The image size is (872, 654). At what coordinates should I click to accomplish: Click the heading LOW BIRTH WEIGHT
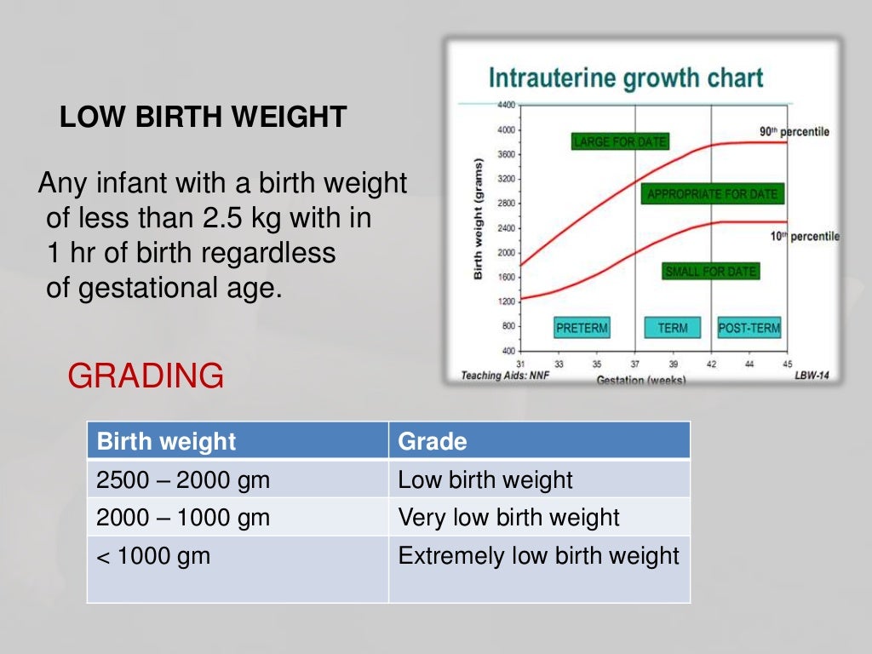pos(203,117)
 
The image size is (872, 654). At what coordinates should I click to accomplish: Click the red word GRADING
pos(146,376)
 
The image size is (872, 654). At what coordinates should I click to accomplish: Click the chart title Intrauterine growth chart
pos(625,78)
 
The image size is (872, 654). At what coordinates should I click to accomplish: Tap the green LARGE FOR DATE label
pos(619,141)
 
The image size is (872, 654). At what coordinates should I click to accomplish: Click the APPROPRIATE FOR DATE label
pos(712,194)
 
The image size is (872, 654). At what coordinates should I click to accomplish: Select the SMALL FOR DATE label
pos(710,272)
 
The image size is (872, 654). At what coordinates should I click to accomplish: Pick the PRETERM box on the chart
pos(582,328)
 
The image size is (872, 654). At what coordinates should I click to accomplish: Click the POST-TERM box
pos(749,328)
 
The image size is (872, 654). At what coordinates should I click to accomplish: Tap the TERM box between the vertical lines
pos(673,328)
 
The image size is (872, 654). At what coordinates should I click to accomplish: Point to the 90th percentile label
pos(794,132)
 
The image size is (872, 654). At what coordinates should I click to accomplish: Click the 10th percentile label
pos(805,236)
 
